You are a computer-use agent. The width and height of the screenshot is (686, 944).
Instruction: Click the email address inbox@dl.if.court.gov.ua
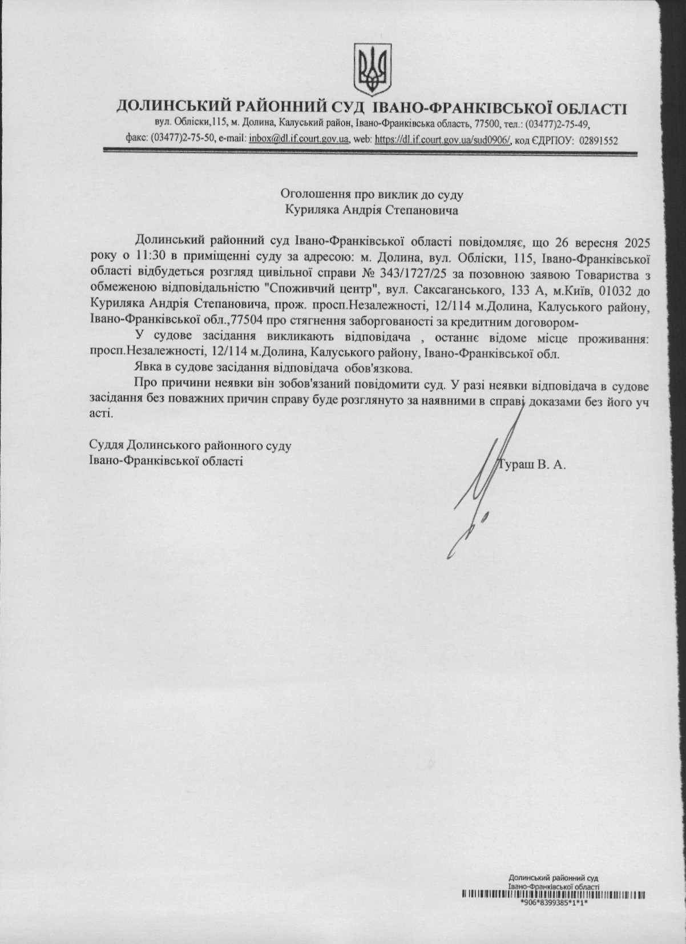[299, 140]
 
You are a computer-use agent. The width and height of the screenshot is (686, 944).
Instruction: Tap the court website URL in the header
[443, 140]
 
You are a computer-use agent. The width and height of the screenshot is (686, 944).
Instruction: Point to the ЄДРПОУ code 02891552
[598, 140]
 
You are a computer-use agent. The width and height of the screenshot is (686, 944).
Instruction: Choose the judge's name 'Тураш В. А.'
[532, 464]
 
